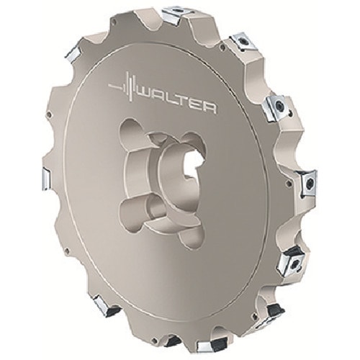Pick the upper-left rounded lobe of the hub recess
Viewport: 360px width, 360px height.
[x=132, y=127]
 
